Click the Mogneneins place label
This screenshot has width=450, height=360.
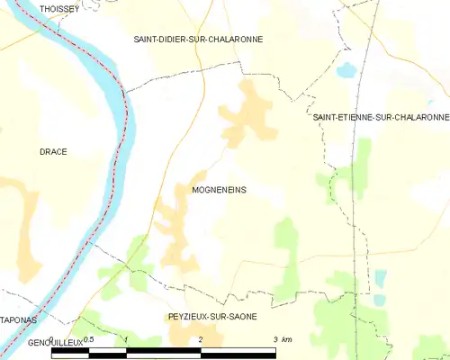pos(219,190)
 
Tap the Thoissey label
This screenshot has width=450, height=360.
pos(58,8)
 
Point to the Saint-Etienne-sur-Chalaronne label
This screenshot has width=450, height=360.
pos(380,117)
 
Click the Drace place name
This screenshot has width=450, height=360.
pos(53,151)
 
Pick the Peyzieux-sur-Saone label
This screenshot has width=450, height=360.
pos(212,317)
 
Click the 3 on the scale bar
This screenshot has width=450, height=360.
pos(276,340)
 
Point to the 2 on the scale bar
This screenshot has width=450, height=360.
pos(201,340)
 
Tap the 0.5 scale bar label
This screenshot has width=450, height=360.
pos(88,340)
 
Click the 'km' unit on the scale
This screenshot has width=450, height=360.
pos(287,340)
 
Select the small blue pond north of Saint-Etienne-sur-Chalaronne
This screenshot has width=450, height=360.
pos(345,68)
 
